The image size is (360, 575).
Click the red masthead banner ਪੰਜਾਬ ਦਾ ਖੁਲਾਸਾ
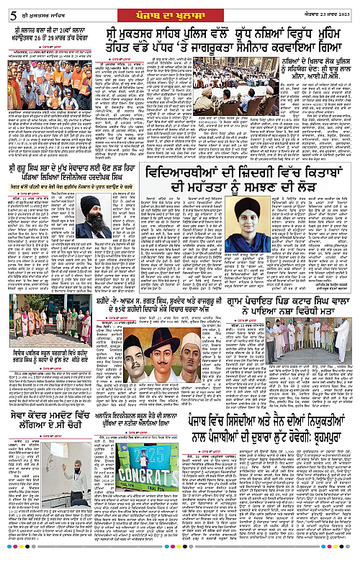coord(179,9)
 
